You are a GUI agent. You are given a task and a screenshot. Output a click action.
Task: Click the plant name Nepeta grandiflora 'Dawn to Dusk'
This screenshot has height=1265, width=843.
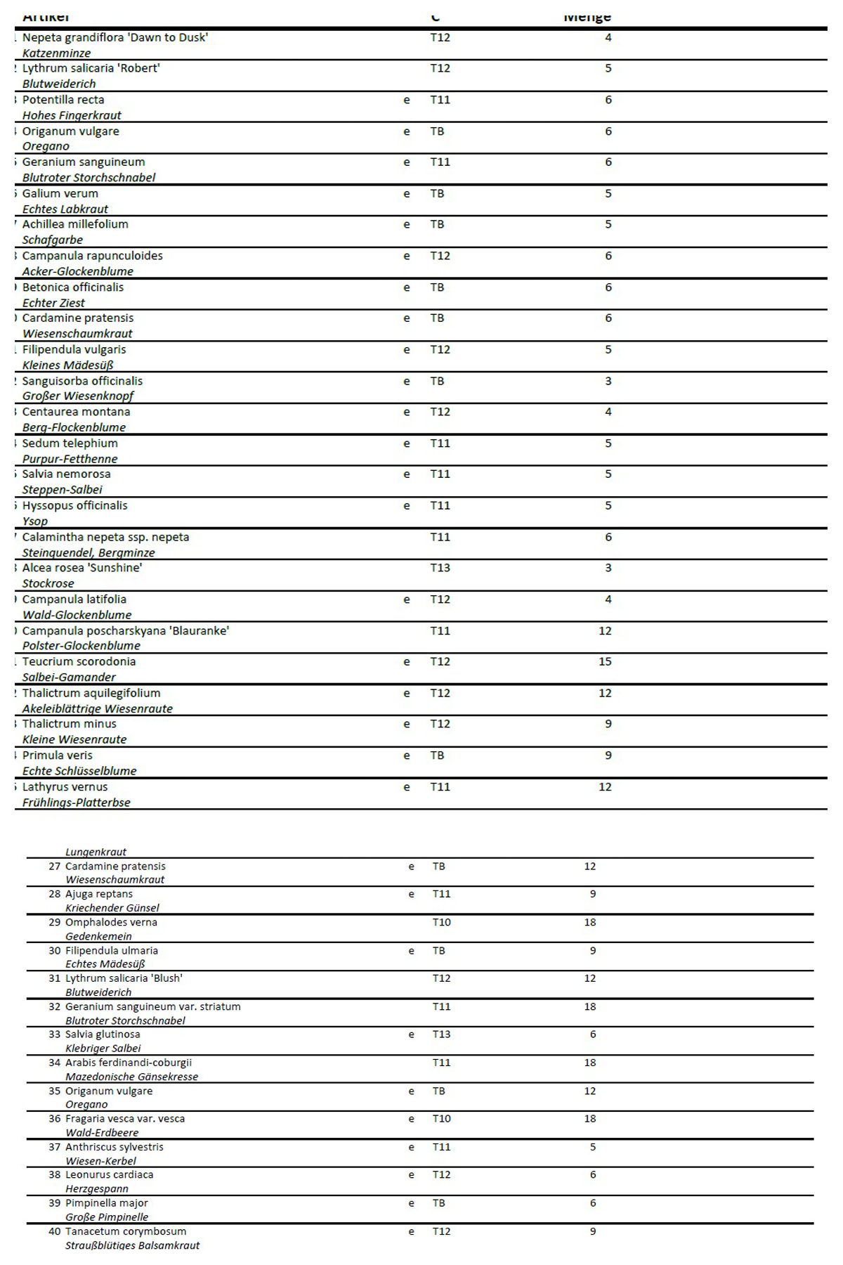point(115,37)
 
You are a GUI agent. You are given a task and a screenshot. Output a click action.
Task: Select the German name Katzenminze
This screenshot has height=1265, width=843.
point(56,53)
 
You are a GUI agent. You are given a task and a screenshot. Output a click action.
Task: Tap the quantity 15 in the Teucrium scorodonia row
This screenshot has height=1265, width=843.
point(605,661)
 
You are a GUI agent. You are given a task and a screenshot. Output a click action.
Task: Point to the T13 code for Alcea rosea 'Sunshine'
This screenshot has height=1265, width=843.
point(440,568)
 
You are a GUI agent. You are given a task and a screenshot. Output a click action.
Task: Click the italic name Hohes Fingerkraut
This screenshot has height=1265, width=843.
point(72,115)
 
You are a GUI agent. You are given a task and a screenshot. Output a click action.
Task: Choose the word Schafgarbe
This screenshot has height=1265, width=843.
point(52,240)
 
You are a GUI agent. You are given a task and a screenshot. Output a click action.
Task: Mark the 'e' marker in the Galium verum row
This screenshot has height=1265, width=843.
point(406,193)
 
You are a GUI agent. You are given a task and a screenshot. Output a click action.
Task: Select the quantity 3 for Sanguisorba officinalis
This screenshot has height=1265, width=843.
point(608,381)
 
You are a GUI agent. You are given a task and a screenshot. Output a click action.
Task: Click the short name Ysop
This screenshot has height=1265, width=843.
point(35,521)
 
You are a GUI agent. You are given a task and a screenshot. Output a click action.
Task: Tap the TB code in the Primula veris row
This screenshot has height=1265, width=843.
point(437,755)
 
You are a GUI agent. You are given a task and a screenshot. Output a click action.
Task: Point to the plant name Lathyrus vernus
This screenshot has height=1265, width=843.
point(65,787)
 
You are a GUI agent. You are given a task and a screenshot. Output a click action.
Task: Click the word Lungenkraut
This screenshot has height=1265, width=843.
point(96,852)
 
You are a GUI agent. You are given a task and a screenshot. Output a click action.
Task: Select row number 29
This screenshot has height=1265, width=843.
point(55,922)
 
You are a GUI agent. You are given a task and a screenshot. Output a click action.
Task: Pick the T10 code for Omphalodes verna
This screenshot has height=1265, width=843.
point(441,922)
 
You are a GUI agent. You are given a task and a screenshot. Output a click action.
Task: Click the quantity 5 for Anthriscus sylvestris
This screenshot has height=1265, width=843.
point(593,1147)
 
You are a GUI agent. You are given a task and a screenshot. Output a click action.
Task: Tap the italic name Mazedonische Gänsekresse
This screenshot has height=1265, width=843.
point(131,1077)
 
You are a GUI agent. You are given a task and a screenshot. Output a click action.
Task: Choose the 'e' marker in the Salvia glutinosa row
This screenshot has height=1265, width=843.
point(411,1034)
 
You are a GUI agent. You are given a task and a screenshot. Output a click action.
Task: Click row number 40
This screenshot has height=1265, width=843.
point(55,1231)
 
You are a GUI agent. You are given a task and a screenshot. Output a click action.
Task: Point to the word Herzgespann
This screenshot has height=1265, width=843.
point(97,1189)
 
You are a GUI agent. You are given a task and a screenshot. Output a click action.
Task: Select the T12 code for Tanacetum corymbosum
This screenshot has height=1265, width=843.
point(441,1231)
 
